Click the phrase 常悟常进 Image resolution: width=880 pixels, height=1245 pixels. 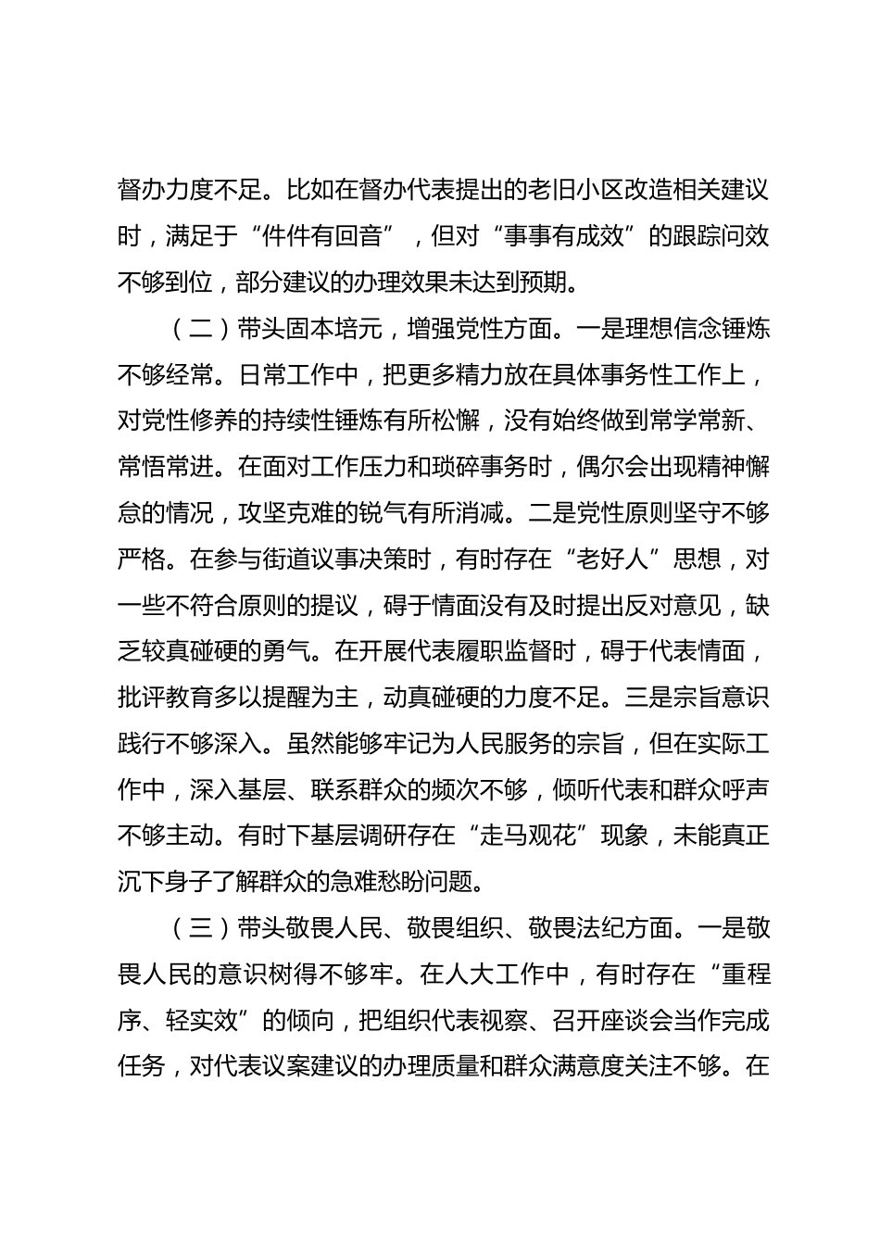click(x=165, y=468)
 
